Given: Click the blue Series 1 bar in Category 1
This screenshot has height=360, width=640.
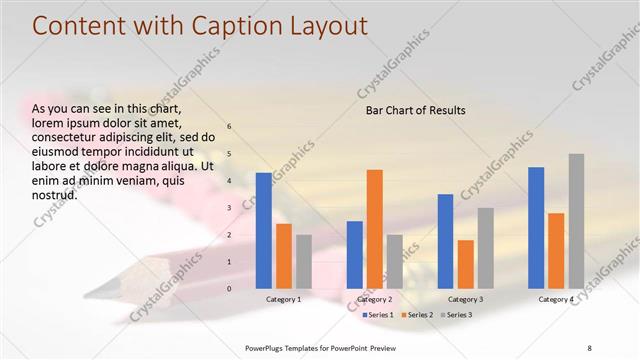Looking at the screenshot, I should click(264, 230).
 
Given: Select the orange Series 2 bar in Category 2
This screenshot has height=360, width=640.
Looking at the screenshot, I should click(375, 228).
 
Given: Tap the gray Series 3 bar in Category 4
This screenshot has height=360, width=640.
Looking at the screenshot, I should click(577, 220).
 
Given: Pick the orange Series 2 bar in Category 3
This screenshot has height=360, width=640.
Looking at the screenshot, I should click(466, 264).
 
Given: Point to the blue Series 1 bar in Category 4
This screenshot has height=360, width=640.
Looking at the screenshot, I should click(536, 227).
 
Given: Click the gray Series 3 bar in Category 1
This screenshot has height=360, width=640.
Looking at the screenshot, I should click(304, 261).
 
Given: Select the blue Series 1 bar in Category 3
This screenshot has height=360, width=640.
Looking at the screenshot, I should click(446, 241).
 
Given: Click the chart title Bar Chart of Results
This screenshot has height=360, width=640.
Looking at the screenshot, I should click(415, 110).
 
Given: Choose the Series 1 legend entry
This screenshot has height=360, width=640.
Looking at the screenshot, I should click(376, 315).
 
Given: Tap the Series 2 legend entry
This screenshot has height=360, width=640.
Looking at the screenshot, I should click(416, 315).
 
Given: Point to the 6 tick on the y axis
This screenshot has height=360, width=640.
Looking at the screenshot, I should click(229, 127).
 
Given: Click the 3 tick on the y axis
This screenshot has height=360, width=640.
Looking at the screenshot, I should click(229, 208).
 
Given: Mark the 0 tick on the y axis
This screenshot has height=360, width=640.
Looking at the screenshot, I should click(229, 289).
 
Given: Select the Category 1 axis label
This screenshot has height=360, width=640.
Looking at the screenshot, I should click(284, 299).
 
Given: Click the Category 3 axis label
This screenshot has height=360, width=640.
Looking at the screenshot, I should click(465, 299).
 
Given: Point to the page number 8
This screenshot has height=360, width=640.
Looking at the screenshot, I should click(589, 347).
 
